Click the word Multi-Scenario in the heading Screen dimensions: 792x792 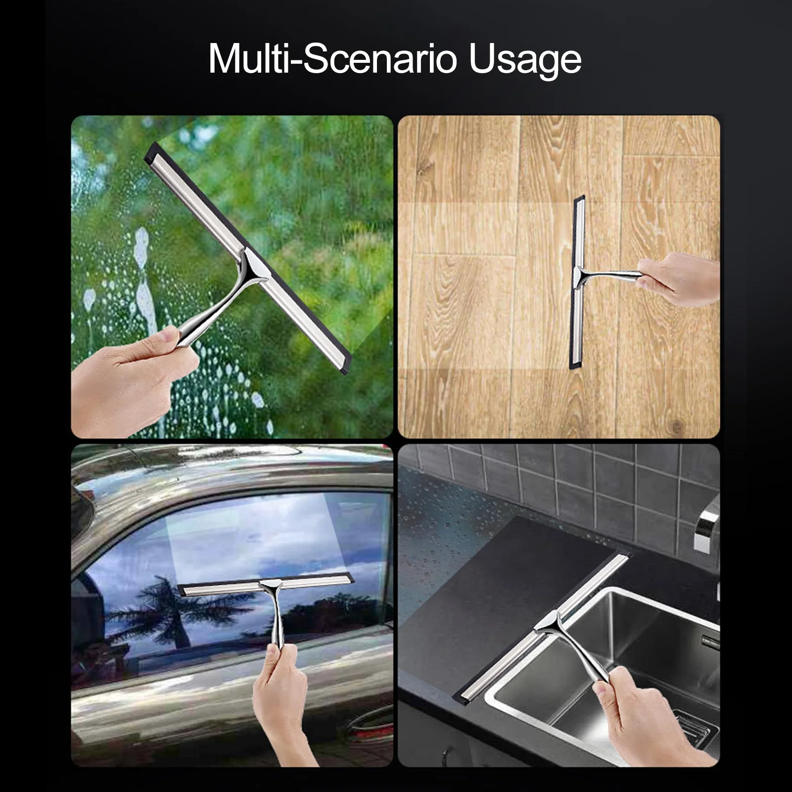pyautogui.click(x=331, y=59)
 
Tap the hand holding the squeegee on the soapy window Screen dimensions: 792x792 pyautogui.click(x=129, y=376)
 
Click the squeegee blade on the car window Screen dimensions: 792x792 pyautogui.click(x=267, y=587)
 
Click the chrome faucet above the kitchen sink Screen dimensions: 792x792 pyautogui.click(x=707, y=524)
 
